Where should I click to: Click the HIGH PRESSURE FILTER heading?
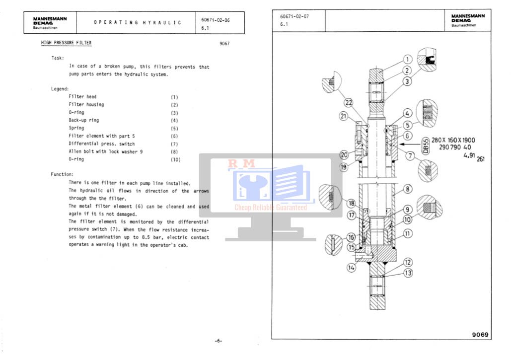tap(66, 43)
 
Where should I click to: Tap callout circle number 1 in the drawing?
tap(407, 60)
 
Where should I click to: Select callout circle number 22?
tap(349, 103)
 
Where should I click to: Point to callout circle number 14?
tap(352, 267)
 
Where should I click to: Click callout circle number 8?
tap(407, 189)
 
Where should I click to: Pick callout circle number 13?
tap(408, 273)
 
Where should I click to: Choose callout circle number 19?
tap(343, 167)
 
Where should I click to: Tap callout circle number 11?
tap(407, 232)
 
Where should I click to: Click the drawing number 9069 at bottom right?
tap(480, 335)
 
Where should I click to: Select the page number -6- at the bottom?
tap(219, 341)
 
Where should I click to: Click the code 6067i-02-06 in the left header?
tap(216, 20)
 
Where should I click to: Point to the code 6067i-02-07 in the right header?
tap(294, 16)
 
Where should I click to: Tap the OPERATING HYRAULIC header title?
tap(138, 23)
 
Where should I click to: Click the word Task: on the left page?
tap(57, 58)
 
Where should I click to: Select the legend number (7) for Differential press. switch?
tap(174, 144)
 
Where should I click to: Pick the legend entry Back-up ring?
tap(83, 120)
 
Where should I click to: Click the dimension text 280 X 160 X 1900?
tap(453, 140)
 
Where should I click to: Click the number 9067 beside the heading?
tap(224, 44)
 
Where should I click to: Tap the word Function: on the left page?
tap(62, 175)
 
